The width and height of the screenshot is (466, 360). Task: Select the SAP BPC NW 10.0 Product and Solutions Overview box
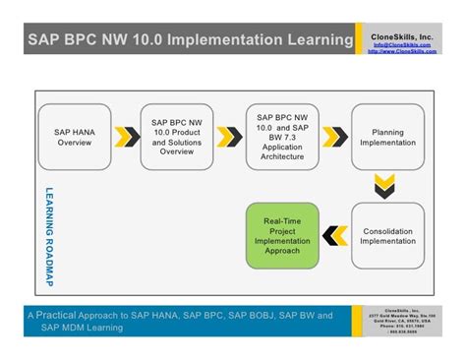point(177,137)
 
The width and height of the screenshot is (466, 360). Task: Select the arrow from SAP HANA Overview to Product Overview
point(126,136)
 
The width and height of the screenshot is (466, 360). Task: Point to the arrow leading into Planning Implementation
point(336,136)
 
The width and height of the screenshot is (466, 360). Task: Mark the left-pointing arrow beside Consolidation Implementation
point(335,236)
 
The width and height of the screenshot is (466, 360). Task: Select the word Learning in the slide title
point(319,41)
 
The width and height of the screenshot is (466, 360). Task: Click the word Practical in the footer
point(60,316)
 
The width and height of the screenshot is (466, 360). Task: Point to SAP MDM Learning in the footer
point(83,329)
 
